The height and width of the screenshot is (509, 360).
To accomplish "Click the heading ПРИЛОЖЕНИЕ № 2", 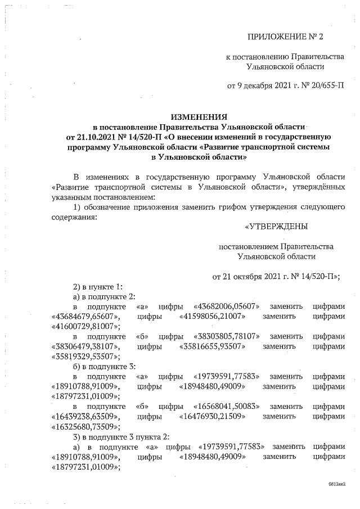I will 286,38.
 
